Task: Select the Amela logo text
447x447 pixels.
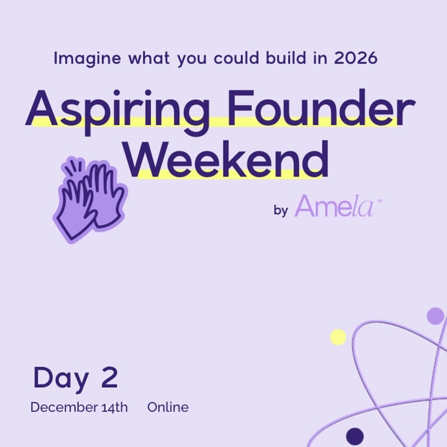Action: [x=335, y=206]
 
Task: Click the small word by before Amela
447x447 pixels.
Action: [x=281, y=210]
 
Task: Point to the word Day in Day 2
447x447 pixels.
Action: [x=61, y=378]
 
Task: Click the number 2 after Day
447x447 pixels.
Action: [x=110, y=378]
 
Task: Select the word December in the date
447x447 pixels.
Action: [x=64, y=407]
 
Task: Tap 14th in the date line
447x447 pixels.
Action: [x=115, y=407]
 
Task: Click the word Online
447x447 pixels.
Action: [x=168, y=407]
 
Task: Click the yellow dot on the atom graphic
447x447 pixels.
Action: [x=338, y=337]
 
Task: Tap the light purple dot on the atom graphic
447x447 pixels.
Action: [x=435, y=316]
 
